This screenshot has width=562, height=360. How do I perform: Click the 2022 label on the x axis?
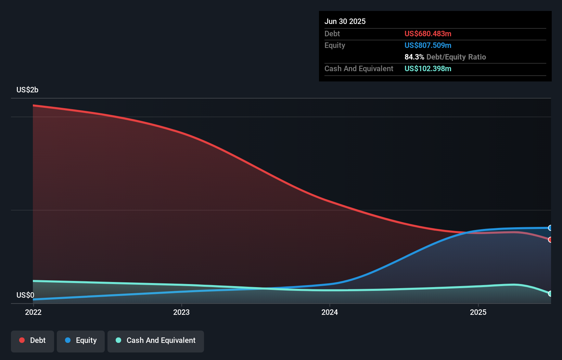point(33,312)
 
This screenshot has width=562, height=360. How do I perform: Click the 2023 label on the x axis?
point(181,312)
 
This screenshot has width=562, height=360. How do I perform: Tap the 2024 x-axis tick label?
point(330,312)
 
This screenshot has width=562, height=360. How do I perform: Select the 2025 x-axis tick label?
point(478,312)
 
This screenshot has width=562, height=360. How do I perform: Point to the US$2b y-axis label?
point(27,90)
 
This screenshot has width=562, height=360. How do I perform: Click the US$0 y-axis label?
point(25,295)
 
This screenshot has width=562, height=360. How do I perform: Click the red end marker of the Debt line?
point(550,240)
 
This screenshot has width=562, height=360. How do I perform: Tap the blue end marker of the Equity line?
point(550,228)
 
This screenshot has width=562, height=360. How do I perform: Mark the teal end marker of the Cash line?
point(550,294)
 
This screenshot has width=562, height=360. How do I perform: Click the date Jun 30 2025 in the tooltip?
point(345,22)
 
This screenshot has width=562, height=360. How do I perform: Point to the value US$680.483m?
point(428,34)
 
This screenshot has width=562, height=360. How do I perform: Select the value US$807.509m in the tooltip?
point(428,46)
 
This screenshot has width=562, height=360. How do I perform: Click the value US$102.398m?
point(428,69)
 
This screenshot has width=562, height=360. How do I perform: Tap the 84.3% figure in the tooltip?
point(414,57)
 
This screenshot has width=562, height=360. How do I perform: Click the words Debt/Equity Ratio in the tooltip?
point(456,57)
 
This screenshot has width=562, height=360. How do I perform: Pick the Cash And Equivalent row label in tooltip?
point(359,69)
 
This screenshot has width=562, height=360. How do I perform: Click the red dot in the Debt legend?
point(22,340)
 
